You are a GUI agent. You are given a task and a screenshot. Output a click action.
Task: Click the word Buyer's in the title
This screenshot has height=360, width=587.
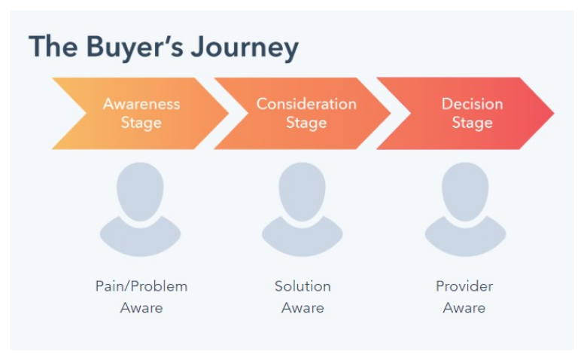(135, 47)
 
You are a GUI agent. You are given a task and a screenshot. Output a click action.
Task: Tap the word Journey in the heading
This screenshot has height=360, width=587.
(245, 47)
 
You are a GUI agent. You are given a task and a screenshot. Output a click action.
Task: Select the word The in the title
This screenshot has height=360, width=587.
(53, 47)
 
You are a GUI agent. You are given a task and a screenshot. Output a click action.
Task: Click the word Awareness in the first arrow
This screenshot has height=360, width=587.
(141, 104)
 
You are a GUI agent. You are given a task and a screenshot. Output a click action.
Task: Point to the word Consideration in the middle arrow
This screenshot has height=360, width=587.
(306, 104)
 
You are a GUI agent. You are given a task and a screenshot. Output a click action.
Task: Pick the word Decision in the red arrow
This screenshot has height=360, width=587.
(472, 104)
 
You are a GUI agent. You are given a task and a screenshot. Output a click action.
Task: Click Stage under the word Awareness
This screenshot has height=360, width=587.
(141, 123)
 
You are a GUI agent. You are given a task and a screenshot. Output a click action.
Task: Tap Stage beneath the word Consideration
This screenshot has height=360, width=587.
(306, 123)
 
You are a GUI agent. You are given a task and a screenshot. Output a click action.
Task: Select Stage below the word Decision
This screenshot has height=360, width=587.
(472, 123)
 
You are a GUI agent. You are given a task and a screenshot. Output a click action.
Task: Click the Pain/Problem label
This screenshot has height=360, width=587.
(141, 286)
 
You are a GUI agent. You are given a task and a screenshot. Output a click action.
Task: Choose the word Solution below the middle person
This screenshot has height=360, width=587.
(303, 286)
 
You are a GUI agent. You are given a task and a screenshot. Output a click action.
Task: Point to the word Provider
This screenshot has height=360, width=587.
(464, 286)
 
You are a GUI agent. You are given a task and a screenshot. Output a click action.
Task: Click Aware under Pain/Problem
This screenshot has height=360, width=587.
(141, 308)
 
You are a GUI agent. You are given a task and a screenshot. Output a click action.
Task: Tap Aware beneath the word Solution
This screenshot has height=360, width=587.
(303, 308)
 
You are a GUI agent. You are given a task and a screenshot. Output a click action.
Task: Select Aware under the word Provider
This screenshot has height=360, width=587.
(464, 308)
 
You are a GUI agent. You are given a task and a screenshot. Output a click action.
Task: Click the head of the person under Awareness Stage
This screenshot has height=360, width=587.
(140, 191)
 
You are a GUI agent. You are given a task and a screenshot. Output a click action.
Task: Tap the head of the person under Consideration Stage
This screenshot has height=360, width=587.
(302, 191)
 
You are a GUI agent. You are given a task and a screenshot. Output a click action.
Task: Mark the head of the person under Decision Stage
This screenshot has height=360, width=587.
(465, 191)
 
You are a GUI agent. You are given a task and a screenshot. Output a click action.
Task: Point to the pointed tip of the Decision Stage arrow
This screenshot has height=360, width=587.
(554, 113)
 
